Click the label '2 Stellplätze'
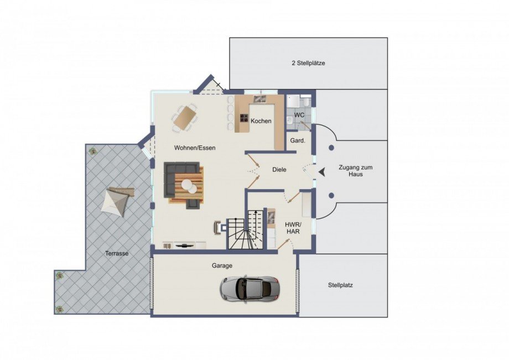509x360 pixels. coord(308,63)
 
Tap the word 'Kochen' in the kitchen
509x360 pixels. coord(261,121)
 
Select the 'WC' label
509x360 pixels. coord(299,115)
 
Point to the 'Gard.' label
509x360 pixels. coord(298,141)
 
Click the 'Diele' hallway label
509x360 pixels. coord(279,170)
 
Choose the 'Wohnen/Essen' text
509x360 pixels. coord(195,148)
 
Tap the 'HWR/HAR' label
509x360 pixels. coord(292,228)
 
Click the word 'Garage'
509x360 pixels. coord(222,265)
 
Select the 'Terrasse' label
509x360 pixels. coord(117,253)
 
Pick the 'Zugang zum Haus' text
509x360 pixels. coord(352,170)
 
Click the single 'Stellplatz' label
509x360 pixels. coord(340,286)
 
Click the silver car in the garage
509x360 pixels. coord(248,288)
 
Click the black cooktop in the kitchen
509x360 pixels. coord(243,118)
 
